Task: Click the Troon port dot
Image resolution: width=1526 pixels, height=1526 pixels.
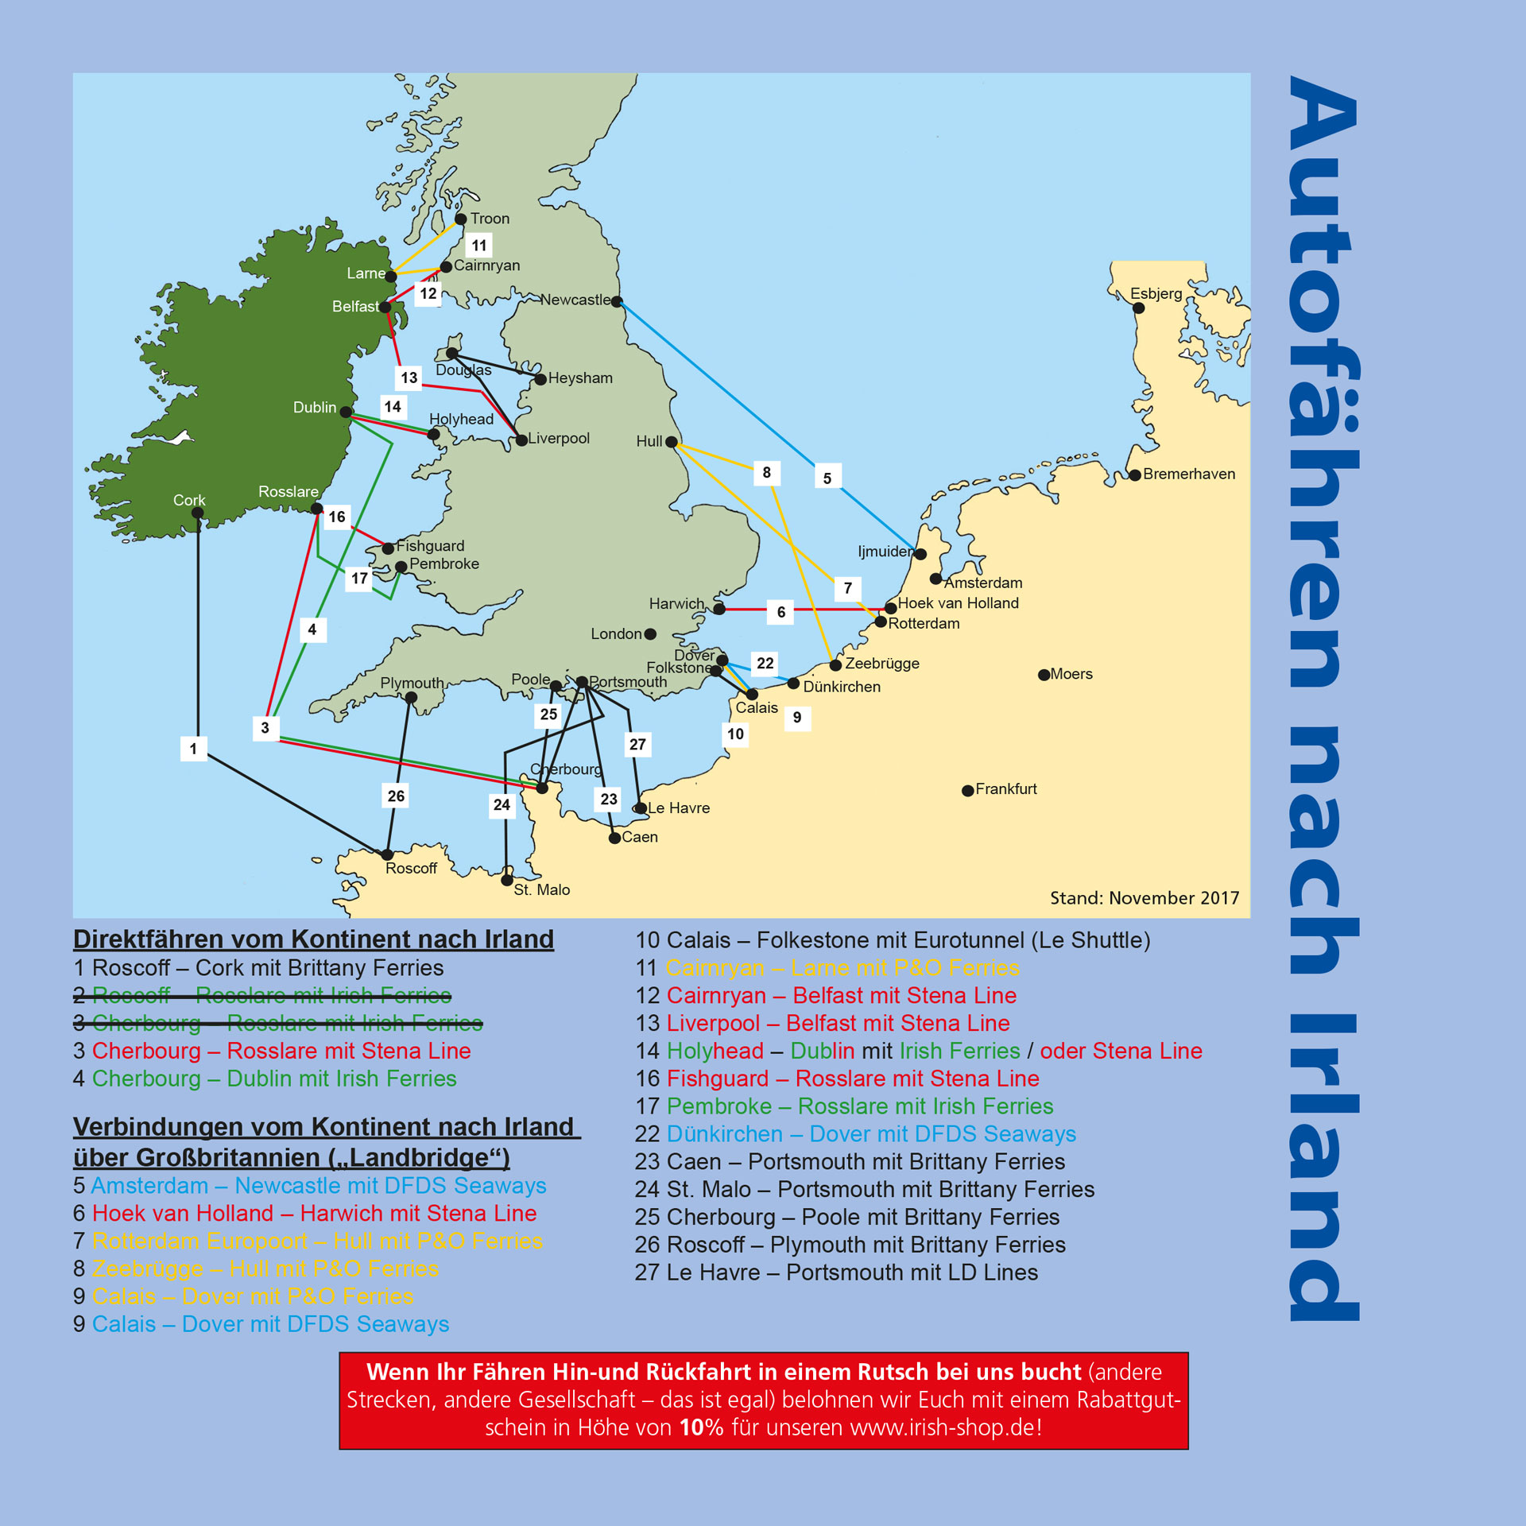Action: point(460,219)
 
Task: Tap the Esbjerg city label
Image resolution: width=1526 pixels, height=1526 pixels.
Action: point(1156,293)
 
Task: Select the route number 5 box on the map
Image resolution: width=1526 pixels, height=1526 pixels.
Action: point(827,478)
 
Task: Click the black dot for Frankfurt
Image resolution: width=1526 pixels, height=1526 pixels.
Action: point(967,791)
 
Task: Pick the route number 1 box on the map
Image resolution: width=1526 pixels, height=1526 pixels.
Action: point(193,749)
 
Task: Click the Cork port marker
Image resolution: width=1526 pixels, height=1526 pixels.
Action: point(198,513)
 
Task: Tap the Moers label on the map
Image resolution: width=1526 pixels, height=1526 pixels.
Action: point(1071,674)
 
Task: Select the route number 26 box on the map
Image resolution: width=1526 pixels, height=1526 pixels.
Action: point(396,796)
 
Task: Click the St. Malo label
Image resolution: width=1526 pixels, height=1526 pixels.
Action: point(541,889)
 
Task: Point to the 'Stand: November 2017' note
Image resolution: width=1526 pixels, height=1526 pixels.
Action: point(1144,898)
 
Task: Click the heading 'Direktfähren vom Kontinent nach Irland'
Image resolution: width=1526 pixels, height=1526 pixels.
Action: point(313,939)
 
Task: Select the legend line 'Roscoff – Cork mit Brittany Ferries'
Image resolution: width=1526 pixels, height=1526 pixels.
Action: point(258,968)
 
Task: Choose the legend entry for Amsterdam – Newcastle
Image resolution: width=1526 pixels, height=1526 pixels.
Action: point(310,1186)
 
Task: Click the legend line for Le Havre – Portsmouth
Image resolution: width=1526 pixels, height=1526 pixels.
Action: point(836,1272)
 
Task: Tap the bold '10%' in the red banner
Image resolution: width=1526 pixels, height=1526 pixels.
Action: point(701,1427)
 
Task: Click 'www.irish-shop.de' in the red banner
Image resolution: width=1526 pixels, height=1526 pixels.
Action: point(942,1427)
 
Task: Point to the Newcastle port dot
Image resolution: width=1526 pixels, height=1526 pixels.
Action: point(617,302)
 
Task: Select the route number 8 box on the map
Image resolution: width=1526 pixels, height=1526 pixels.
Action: point(766,473)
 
